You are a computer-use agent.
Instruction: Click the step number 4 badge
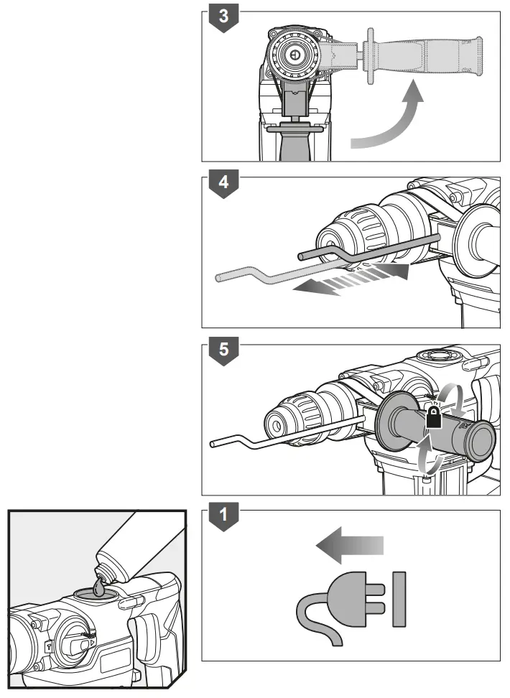(224, 182)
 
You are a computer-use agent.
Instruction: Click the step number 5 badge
(224, 351)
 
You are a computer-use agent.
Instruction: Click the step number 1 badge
(224, 516)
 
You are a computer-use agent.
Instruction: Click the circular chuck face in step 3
(295, 54)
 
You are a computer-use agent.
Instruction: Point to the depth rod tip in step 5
(213, 445)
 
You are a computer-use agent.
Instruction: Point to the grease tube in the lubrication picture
(136, 549)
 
